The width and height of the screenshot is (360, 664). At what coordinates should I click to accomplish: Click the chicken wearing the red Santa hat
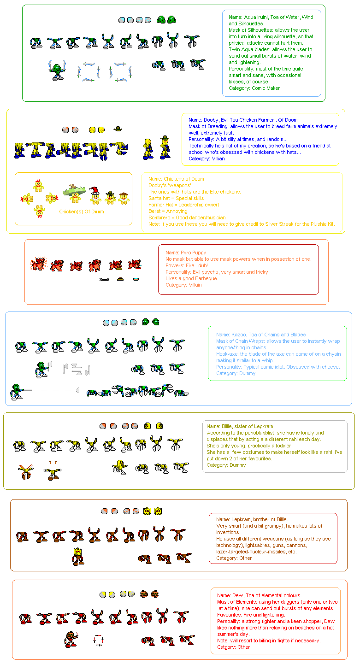[95, 195]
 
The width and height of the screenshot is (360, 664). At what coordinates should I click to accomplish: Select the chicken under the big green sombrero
[75, 193]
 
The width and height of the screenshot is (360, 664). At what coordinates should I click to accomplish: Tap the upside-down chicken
[39, 211]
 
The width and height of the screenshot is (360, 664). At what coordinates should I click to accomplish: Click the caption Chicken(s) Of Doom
[82, 212]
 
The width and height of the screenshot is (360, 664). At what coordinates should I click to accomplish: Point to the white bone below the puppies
[104, 279]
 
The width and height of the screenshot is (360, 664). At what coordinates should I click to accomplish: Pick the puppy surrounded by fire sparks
[38, 264]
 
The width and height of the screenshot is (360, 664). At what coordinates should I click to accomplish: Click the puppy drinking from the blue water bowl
[134, 264]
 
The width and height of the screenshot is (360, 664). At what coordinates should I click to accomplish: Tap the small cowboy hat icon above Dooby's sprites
[118, 129]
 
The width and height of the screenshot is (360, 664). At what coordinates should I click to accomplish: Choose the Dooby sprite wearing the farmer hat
[165, 147]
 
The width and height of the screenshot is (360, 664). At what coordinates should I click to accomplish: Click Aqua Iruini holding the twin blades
[57, 71]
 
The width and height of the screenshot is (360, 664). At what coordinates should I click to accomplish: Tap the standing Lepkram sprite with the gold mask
[78, 556]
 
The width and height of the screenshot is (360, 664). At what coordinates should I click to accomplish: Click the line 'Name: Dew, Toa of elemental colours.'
[259, 595]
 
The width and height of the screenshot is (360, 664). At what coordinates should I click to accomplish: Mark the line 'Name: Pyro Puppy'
[186, 253]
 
